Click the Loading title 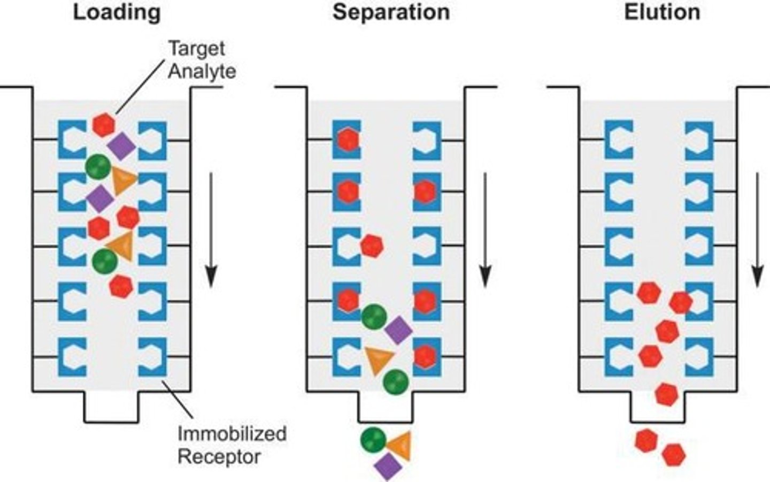(117, 12)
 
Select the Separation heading (391, 12)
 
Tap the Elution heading (662, 12)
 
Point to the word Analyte (202, 71)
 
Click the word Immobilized (232, 433)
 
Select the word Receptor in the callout (219, 457)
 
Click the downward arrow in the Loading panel (211, 230)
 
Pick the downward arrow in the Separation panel (485, 230)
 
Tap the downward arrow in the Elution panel (758, 230)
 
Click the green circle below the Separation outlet (373, 439)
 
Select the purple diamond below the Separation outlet (388, 466)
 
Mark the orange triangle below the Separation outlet (400, 445)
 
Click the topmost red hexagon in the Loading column (104, 125)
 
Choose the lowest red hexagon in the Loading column (121, 286)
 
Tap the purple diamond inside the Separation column (398, 330)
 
